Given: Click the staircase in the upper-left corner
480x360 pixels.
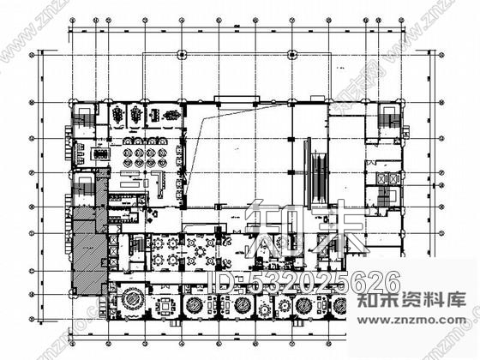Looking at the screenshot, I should pyautogui.click(x=84, y=117).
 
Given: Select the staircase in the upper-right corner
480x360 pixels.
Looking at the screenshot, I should pyautogui.click(x=392, y=117).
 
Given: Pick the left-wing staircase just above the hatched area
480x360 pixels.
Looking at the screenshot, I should pyautogui.click(x=84, y=184).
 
